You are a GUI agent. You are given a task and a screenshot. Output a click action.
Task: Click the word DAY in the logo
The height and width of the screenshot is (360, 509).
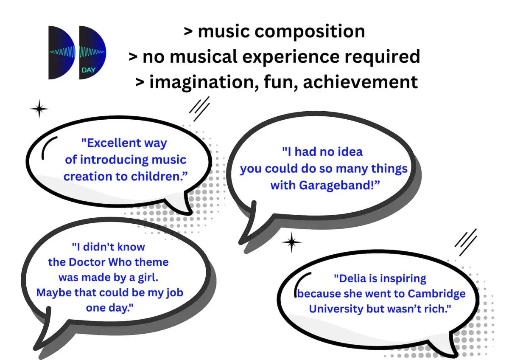(88, 70)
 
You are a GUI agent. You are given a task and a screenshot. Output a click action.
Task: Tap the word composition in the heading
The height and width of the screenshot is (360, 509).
(310, 31)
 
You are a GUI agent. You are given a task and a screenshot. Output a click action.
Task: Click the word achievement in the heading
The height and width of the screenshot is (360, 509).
(361, 82)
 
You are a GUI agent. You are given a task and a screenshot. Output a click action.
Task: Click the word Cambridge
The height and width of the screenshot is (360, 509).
(436, 294)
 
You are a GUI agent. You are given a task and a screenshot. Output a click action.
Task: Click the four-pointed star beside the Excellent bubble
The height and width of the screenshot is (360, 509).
(39, 109)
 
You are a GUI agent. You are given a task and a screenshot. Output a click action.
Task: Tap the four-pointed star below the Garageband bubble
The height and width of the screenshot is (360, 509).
(291, 242)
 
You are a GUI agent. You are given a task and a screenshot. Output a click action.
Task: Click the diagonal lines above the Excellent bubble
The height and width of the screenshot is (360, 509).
(199, 109)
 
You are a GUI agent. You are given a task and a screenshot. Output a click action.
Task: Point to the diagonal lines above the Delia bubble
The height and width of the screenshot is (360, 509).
(466, 242)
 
